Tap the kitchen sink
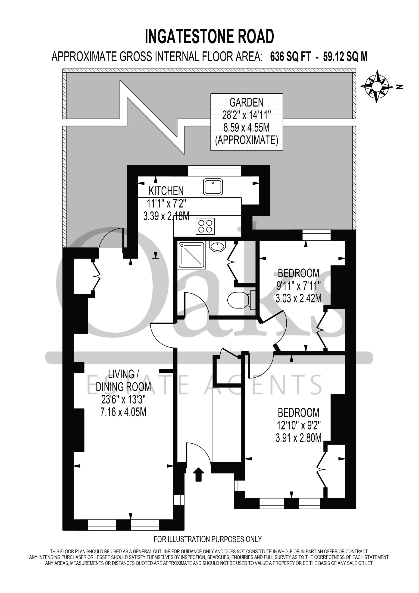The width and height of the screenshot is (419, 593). tap(213, 187)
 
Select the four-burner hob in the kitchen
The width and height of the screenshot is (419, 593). tap(205, 226)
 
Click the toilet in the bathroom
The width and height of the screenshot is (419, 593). tap(241, 300)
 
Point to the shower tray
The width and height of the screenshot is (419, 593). tap(191, 255)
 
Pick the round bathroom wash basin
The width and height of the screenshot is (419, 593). tap(217, 246)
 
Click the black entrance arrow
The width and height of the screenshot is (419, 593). tap(198, 474)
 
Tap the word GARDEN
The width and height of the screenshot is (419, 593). tap(247, 103)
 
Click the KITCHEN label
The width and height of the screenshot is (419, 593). tap(166, 191)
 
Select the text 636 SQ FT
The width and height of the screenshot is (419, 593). tap(291, 57)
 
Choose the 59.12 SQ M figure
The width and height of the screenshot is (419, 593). tap(345, 57)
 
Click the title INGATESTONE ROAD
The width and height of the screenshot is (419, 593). tap(209, 36)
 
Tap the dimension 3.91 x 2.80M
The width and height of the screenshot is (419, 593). tap(299, 438)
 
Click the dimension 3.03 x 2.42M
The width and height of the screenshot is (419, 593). tap(299, 298)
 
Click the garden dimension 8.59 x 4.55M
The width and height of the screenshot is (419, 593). tap(247, 127)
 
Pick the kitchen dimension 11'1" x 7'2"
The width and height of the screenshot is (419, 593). tap(166, 204)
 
